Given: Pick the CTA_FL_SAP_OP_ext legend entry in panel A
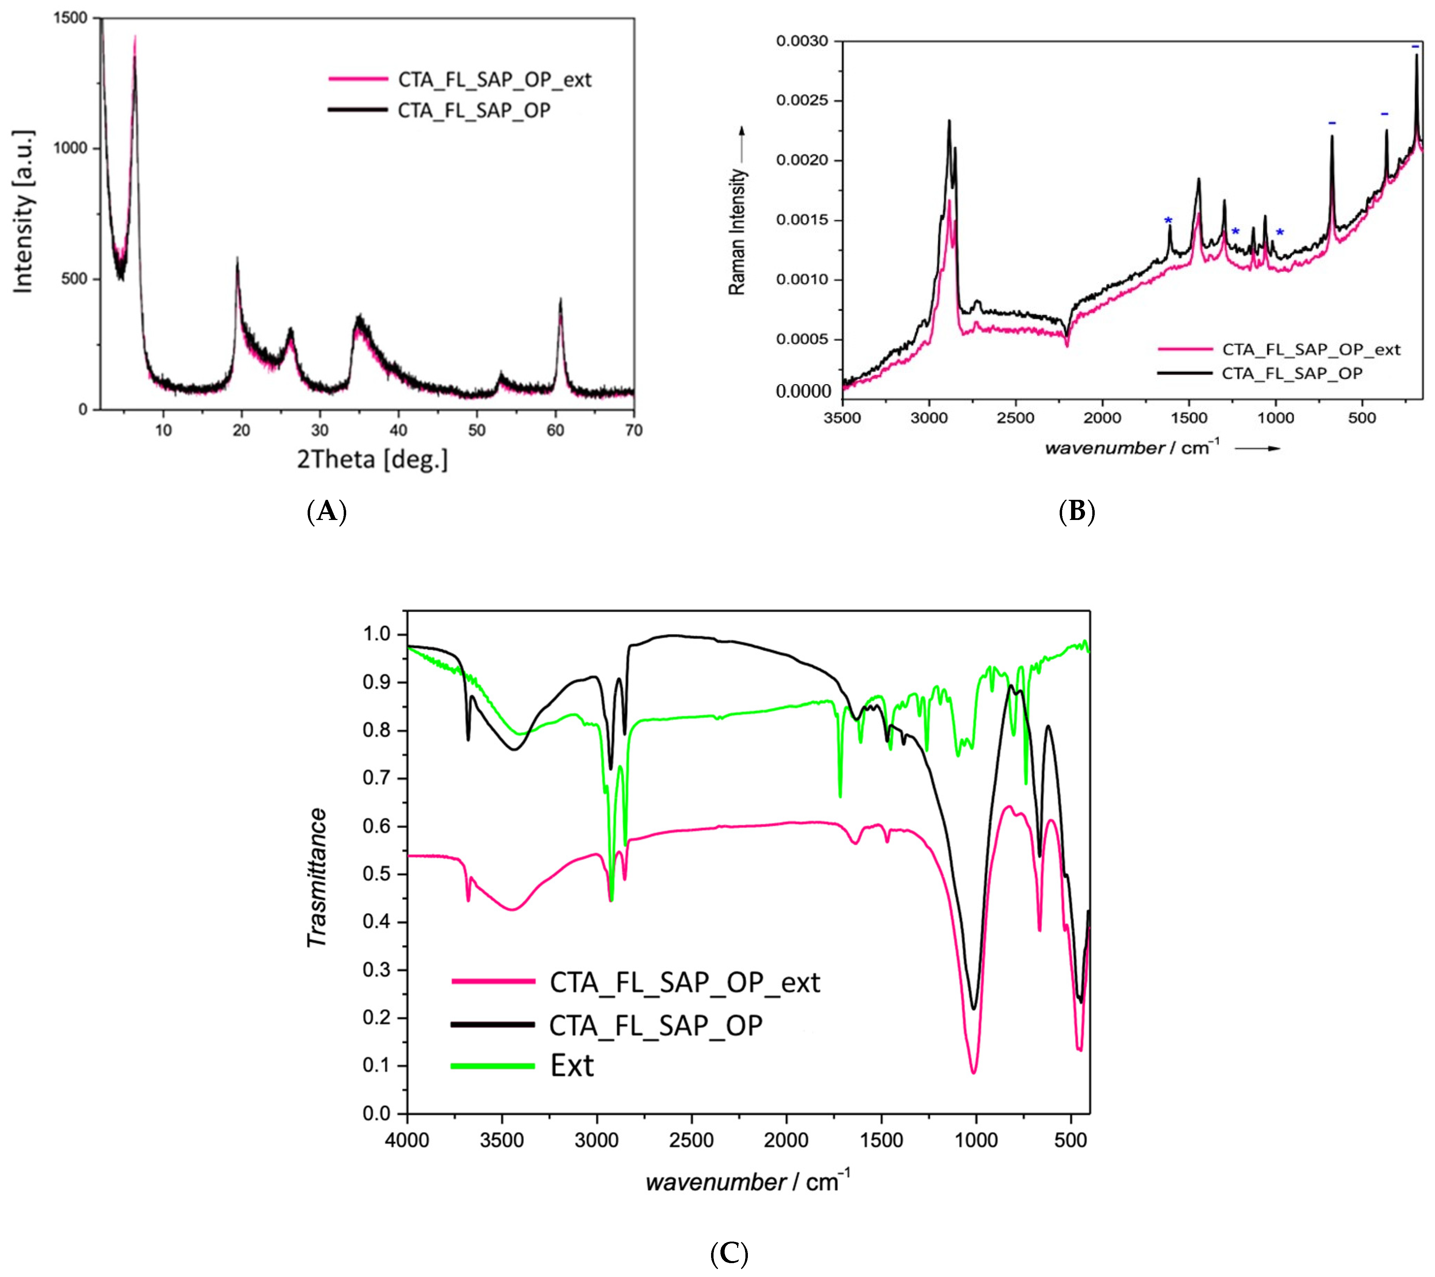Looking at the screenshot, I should [494, 79].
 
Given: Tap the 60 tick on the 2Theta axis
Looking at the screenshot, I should [555, 430].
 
